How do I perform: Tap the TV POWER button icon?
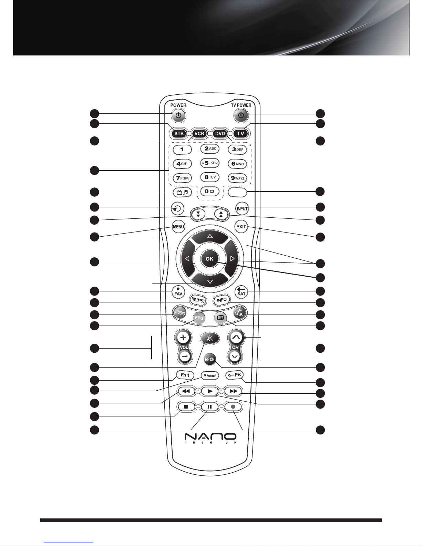click(241, 115)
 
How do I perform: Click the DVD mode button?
click(220, 133)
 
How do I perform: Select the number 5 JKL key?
click(210, 163)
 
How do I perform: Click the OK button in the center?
click(209, 259)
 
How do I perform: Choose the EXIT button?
click(241, 227)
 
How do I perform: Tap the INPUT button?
click(242, 208)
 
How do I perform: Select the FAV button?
click(178, 292)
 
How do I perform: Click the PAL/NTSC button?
click(198, 300)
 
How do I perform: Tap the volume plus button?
click(183, 338)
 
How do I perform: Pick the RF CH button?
click(209, 359)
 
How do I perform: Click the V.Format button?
click(210, 375)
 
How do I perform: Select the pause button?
click(209, 406)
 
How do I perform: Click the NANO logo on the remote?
click(210, 439)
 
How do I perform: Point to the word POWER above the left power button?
click(178, 105)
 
